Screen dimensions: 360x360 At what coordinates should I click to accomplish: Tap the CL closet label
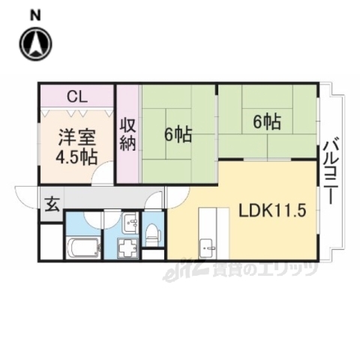[76, 96]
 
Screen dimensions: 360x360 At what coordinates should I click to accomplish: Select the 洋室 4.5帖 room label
[76, 146]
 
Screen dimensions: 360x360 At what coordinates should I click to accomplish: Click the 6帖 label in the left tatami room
[178, 135]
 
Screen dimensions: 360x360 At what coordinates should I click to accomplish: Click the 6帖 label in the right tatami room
[266, 121]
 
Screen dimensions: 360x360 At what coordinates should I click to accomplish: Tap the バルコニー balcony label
[328, 171]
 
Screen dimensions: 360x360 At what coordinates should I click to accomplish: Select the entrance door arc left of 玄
[28, 196]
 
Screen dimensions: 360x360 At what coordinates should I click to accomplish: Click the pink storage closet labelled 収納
[127, 133]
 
